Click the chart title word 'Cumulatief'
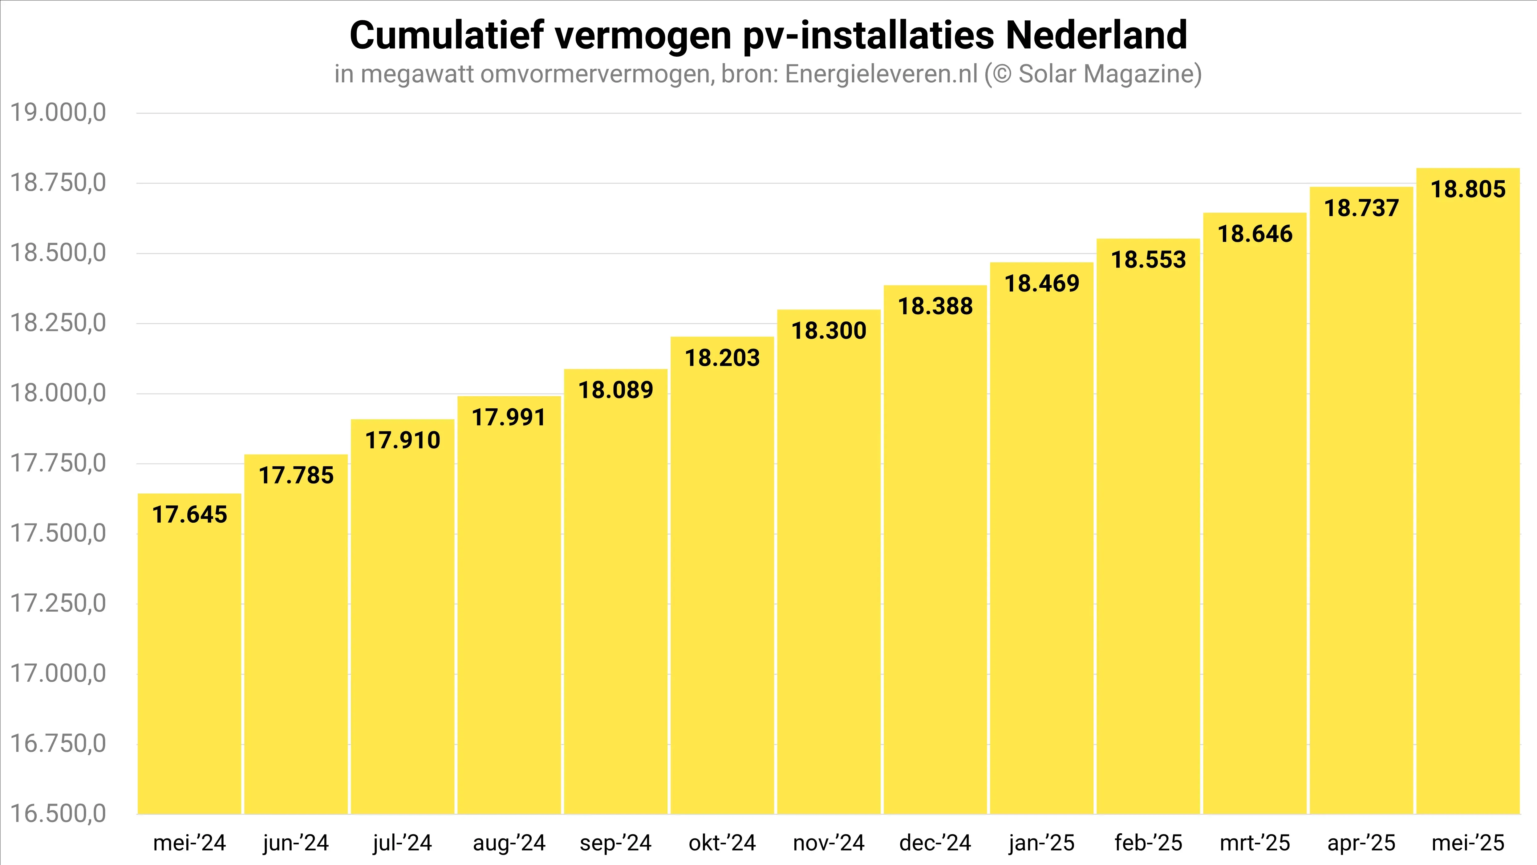(446, 36)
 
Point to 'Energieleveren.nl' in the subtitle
(881, 74)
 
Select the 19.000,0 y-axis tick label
(59, 112)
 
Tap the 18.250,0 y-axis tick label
(59, 323)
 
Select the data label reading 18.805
(1468, 189)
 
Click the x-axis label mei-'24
(190, 843)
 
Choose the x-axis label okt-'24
(722, 843)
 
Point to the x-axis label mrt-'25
(1255, 843)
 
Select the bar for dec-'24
(935, 561)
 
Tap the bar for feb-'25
(1148, 537)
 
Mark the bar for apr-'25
(1361, 513)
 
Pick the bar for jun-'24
(296, 645)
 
